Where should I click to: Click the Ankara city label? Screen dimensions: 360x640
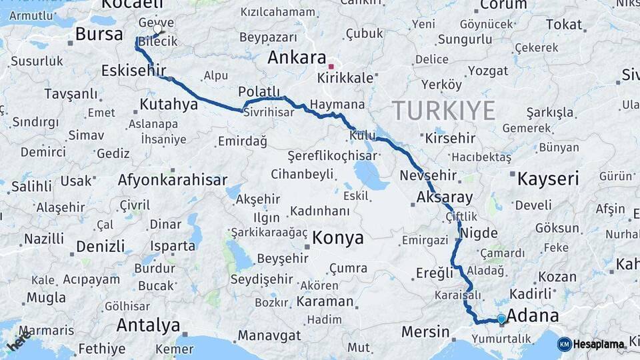[296, 58]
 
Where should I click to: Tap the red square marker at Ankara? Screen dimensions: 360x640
[331, 67]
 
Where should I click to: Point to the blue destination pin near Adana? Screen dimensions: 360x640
[501, 319]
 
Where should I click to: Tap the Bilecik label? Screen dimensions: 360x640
[159, 42]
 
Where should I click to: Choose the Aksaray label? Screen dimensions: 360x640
[444, 197]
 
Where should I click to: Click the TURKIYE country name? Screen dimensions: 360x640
[443, 110]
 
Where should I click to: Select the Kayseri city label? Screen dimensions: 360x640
[548, 178]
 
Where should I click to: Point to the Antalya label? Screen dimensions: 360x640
[148, 325]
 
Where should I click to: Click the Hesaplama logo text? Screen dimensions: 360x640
[599, 344]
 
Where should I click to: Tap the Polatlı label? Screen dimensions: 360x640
[259, 92]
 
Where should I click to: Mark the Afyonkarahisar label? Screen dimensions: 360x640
[169, 179]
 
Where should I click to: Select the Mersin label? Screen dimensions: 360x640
[425, 331]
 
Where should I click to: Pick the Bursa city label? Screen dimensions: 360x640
[99, 35]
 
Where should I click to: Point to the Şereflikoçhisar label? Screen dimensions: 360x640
[331, 156]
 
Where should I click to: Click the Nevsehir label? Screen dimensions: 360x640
[428, 176]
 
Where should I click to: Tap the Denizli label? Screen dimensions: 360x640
[100, 247]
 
